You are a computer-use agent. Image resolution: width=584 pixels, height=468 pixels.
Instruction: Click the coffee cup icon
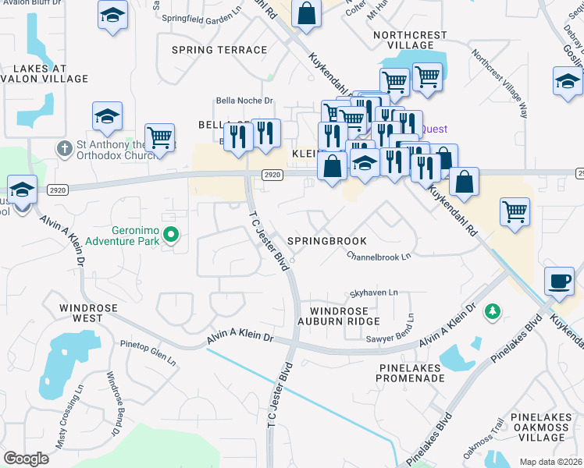(560, 282)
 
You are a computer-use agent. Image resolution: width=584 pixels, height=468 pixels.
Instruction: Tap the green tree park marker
(492, 312)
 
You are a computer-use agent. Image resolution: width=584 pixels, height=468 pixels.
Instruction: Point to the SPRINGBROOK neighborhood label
(326, 241)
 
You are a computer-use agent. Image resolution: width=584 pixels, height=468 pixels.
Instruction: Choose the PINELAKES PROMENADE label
(411, 372)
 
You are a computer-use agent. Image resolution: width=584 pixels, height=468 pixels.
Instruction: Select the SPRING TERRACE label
(219, 50)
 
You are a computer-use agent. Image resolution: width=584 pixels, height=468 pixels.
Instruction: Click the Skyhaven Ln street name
(373, 292)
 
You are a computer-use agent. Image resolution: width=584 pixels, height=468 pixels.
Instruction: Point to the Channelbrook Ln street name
(378, 257)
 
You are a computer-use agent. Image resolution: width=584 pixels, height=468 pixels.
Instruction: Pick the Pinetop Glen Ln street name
(148, 352)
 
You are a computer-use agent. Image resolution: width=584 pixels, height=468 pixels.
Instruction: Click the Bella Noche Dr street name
(244, 101)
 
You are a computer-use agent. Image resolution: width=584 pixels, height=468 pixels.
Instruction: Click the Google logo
(26, 459)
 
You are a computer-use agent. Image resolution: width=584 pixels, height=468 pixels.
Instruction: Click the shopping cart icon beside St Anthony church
(159, 137)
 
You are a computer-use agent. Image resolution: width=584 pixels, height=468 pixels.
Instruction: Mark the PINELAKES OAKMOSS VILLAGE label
(547, 427)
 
